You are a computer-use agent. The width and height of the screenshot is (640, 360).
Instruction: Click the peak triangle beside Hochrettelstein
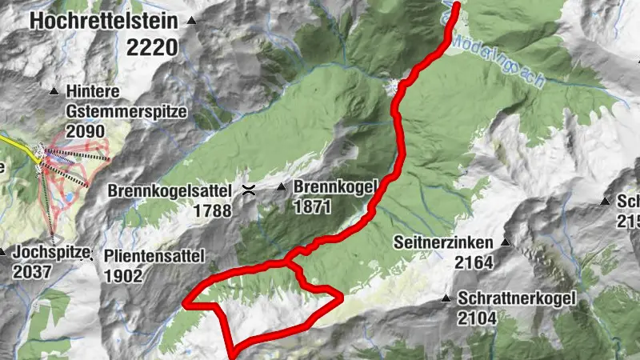point(190,21)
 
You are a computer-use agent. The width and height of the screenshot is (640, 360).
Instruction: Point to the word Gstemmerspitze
point(126,111)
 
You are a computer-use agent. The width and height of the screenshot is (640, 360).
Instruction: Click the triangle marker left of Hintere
point(54,92)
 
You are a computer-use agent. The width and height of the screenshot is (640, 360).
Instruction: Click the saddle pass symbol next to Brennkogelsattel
point(249,190)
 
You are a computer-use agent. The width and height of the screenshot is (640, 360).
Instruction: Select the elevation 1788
point(211,211)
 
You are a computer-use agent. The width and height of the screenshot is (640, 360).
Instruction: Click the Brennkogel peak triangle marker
point(281,187)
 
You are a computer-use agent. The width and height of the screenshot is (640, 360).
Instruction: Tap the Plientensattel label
point(154,256)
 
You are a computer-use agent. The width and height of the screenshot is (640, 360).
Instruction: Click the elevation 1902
point(123,276)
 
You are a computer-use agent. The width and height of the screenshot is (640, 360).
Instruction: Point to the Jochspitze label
point(50,253)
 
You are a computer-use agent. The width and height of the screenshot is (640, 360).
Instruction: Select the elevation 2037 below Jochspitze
point(32,272)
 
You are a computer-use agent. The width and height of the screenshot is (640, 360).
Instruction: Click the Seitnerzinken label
point(445,242)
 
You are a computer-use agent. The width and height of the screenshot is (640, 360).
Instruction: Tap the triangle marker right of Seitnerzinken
point(505,242)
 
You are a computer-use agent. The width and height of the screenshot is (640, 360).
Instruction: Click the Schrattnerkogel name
point(518,298)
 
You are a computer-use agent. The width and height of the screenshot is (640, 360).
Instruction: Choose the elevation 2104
point(478,318)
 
